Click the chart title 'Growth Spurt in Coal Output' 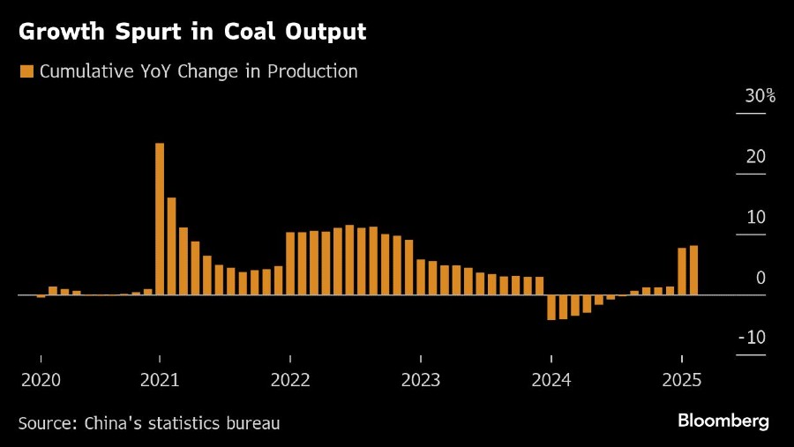(x=191, y=33)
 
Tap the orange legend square (x=26, y=71)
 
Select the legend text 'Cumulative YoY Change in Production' (x=198, y=71)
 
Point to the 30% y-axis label (x=760, y=96)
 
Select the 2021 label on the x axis (x=160, y=380)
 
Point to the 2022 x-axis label (x=290, y=380)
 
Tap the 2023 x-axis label (x=421, y=380)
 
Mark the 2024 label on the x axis (x=551, y=380)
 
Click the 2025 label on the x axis (x=682, y=380)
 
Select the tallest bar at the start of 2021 (x=160, y=219)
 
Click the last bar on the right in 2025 (x=694, y=270)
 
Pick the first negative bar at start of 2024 (x=551, y=307)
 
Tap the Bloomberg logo (x=723, y=421)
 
